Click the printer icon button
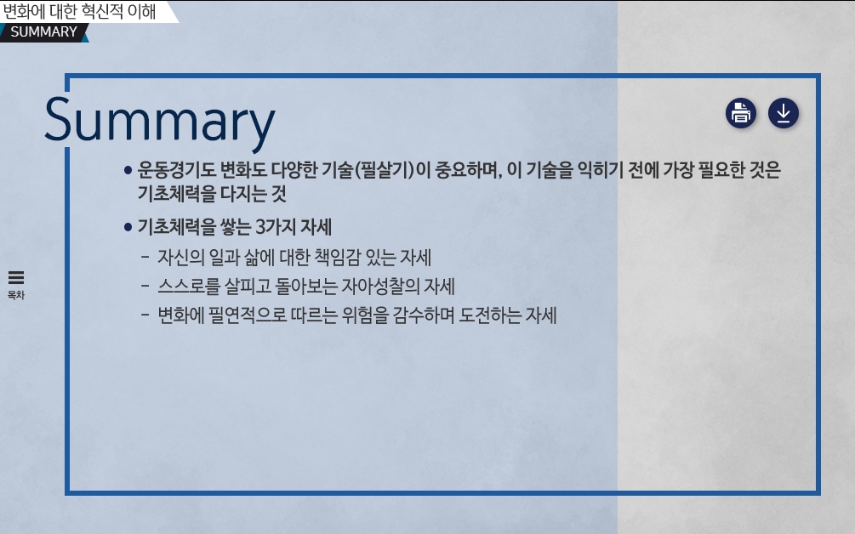[x=740, y=113]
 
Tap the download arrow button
[x=784, y=113]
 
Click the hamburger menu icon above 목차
[x=16, y=278]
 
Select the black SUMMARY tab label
[x=43, y=32]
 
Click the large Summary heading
[x=160, y=121]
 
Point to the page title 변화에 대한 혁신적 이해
[x=80, y=11]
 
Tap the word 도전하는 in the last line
[x=489, y=315]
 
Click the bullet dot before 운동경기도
[x=128, y=171]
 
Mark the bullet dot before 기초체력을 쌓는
[x=128, y=227]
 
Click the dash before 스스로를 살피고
[x=145, y=286]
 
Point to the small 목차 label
[x=16, y=295]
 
